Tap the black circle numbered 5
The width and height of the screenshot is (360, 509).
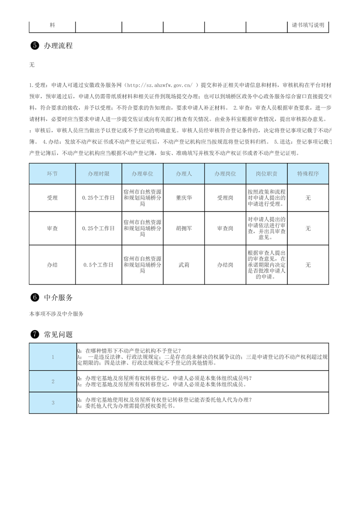(35, 46)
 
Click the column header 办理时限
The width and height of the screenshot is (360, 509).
(99, 174)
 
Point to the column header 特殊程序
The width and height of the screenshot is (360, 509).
(308, 174)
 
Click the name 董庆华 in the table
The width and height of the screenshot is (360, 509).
(184, 198)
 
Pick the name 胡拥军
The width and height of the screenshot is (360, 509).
(184, 229)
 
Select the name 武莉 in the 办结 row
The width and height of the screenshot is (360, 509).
(184, 264)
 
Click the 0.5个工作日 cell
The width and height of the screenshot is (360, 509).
(99, 264)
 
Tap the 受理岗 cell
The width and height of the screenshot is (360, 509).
(225, 198)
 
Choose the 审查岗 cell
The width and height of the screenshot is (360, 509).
(225, 229)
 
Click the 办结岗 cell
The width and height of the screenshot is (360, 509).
(225, 264)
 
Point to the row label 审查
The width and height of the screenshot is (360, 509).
(52, 229)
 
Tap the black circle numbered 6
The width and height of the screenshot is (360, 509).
(35, 298)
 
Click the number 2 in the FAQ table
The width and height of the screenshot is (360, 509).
(53, 381)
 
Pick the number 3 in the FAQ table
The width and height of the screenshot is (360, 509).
(53, 403)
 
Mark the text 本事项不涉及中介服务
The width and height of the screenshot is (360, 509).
(56, 313)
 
